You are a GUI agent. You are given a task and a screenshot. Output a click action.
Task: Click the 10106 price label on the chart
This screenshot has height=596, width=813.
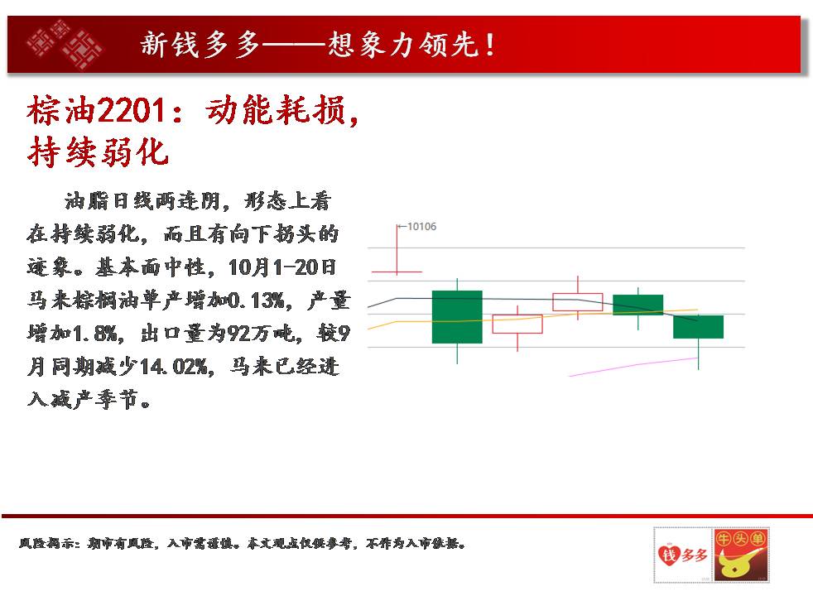(421, 227)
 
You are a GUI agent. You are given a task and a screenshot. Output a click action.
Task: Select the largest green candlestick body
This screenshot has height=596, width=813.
(457, 317)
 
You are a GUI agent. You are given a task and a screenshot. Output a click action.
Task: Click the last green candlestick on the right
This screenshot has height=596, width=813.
(698, 326)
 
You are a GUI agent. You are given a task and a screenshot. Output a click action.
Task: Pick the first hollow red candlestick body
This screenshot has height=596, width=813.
(517, 324)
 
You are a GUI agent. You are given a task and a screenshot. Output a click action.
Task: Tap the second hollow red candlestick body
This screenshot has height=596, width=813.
(578, 302)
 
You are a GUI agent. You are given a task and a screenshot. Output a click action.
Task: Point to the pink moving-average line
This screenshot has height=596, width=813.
(633, 367)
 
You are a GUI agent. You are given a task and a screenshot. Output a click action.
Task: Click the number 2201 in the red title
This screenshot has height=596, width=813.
(131, 110)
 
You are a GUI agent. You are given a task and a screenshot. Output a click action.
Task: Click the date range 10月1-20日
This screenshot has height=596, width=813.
(282, 267)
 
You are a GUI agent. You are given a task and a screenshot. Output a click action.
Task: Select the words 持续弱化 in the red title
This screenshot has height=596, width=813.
(98, 151)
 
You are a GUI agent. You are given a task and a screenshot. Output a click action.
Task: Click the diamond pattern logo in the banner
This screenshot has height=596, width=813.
(65, 45)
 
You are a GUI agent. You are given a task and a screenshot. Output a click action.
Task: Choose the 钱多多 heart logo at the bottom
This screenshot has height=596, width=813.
(682, 555)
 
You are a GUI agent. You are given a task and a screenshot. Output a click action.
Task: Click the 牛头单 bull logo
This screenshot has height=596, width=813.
(741, 555)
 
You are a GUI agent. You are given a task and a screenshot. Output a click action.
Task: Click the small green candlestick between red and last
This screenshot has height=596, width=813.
(637, 305)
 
